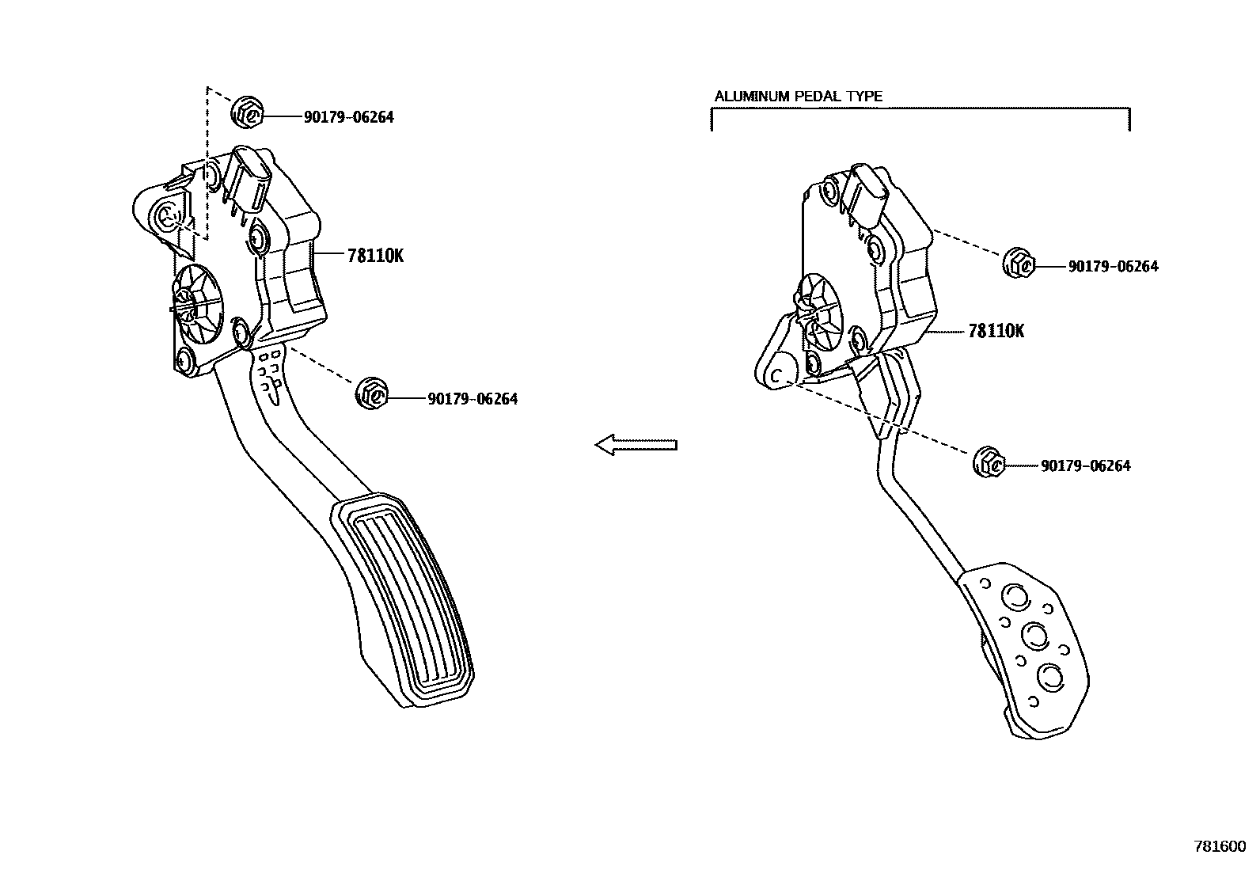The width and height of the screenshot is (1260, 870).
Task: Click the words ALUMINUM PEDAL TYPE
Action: [798, 97]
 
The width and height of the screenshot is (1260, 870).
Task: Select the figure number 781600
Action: [1220, 845]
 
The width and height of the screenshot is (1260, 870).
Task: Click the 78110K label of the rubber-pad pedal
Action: [375, 255]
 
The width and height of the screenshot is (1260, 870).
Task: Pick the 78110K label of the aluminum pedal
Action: [996, 331]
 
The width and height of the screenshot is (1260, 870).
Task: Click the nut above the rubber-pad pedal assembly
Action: [247, 112]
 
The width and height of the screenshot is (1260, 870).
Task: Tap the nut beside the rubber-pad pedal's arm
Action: [371, 393]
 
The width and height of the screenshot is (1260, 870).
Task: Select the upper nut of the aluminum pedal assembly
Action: [1018, 263]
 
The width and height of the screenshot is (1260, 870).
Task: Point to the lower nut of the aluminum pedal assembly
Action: [989, 462]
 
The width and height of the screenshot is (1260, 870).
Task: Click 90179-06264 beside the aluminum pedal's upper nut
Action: [1113, 267]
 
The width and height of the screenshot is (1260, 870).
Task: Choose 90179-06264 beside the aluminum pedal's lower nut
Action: [1085, 466]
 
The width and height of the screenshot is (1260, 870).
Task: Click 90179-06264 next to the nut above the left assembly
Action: [348, 117]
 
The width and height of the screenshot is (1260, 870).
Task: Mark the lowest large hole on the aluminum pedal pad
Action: [1050, 675]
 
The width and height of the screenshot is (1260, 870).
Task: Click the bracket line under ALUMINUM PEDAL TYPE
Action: [920, 110]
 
